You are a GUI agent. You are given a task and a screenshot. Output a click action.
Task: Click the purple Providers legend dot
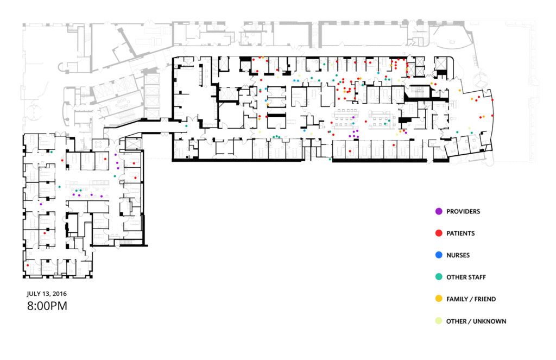point(439,211)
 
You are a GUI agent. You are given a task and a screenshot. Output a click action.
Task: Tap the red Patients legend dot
point(439,233)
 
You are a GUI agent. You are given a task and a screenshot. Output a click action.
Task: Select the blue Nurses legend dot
point(439,255)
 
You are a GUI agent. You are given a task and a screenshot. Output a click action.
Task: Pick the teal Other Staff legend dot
point(439,277)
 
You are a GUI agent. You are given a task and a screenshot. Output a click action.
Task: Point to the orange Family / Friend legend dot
point(439,299)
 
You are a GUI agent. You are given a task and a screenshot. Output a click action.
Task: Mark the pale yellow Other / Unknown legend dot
point(439,321)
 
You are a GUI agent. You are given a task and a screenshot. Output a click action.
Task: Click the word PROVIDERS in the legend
point(463,212)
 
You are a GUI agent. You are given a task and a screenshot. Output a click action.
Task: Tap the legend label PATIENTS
point(460,233)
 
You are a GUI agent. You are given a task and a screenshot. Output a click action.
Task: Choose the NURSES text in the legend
point(458,255)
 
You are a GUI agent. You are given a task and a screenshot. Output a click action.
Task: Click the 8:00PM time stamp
point(47,306)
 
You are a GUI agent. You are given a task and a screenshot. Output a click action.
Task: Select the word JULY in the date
point(33,294)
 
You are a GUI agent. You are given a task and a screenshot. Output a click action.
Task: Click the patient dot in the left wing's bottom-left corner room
point(28,266)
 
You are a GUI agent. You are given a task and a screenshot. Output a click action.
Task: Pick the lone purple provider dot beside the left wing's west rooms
point(41,204)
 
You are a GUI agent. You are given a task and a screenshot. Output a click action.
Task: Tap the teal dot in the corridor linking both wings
point(186,126)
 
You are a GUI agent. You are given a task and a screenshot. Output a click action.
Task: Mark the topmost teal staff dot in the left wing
point(52,152)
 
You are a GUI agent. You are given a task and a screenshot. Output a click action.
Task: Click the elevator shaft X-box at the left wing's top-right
point(134,144)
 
